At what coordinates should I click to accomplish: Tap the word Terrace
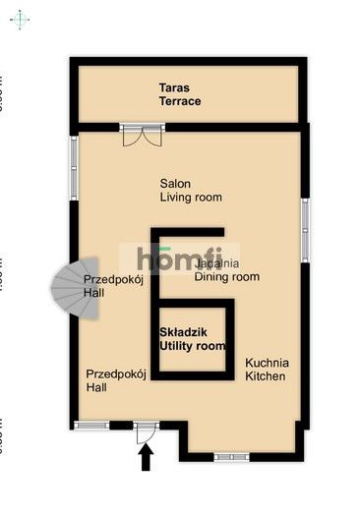[x=183, y=101]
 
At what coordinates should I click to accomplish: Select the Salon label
[x=176, y=183]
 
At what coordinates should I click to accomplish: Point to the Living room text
[x=191, y=197]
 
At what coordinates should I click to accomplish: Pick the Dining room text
[x=226, y=277]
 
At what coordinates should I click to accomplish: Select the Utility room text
[x=193, y=346]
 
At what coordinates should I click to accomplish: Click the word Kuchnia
[x=267, y=362]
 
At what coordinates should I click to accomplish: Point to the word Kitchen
[x=266, y=375]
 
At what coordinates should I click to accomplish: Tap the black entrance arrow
[x=147, y=457]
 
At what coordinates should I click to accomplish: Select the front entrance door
[x=146, y=429]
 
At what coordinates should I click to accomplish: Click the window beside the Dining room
[x=305, y=232]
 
